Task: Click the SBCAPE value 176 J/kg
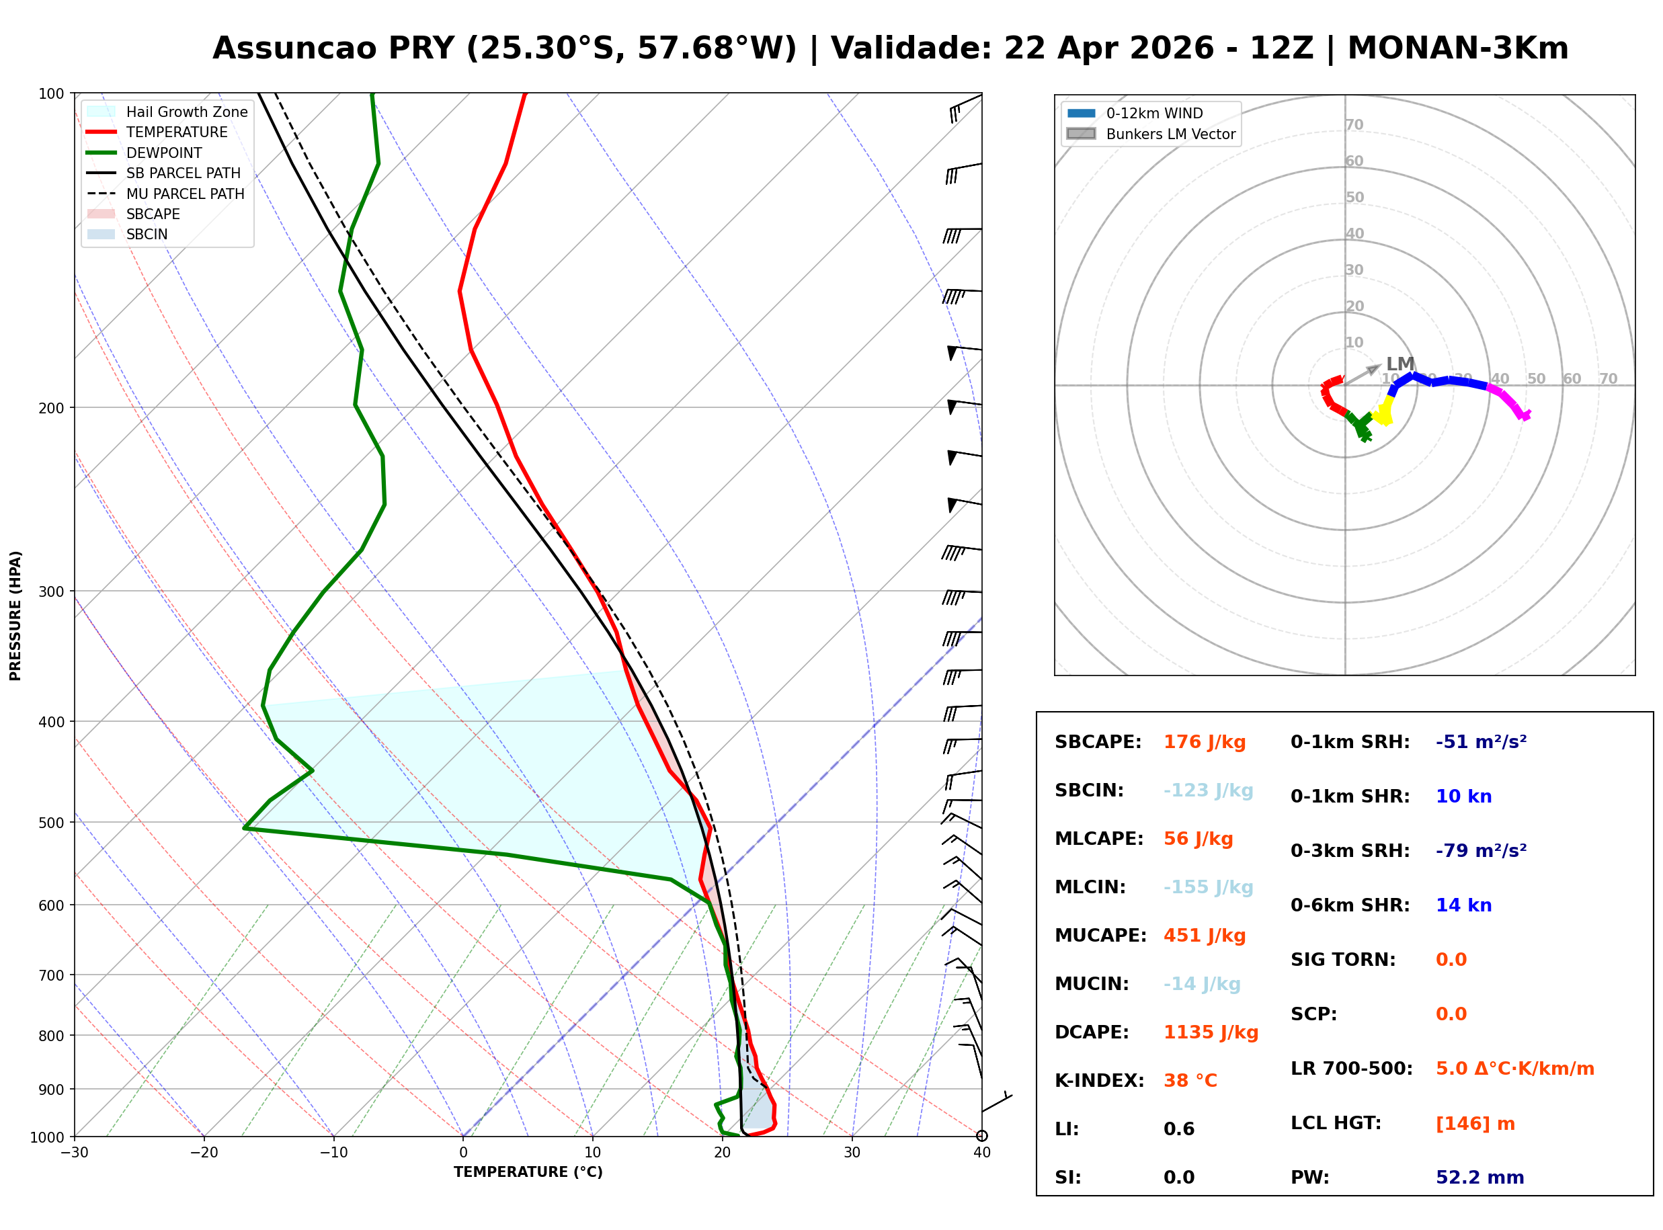pos(1204,742)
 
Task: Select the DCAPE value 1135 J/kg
pos(1211,1032)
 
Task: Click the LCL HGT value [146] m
pos(1475,1124)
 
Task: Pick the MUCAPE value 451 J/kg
pos(1204,936)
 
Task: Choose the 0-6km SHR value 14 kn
pos(1463,905)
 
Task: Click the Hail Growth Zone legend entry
pos(186,112)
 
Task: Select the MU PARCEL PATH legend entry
pos(185,194)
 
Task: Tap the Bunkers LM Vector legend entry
pos(1170,134)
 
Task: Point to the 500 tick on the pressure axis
pos(51,823)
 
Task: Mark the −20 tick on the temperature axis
pos(203,1153)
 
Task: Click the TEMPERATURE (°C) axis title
pos(528,1172)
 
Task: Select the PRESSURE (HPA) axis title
pos(15,616)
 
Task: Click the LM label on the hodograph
pos(1400,364)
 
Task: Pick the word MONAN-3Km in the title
pos(1457,48)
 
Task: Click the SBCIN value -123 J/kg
pos(1207,790)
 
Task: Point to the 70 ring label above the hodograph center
pos(1354,124)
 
